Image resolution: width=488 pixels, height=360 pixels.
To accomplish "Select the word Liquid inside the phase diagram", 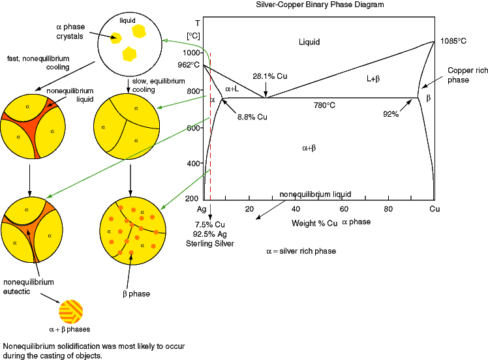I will (309, 42).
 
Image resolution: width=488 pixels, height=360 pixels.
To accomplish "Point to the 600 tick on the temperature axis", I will (192, 128).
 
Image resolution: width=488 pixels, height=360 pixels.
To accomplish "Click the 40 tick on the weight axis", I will (296, 209).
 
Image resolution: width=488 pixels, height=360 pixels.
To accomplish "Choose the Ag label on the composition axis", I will (202, 209).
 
